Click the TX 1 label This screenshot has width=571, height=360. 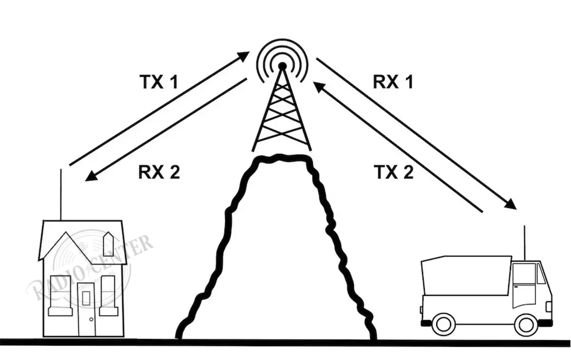tap(159, 82)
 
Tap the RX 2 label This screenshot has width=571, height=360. tap(159, 172)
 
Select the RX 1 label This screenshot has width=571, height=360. tap(393, 82)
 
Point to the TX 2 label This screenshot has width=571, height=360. tap(393, 172)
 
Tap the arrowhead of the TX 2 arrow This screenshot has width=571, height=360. tap(318, 86)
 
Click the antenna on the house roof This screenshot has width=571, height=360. tap(61, 195)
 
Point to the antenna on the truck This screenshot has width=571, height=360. tap(524, 243)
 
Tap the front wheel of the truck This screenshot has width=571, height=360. tap(526, 324)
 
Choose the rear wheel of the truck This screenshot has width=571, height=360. tap(443, 324)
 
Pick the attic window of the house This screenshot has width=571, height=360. tap(108, 243)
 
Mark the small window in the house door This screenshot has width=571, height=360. tap(86, 298)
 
